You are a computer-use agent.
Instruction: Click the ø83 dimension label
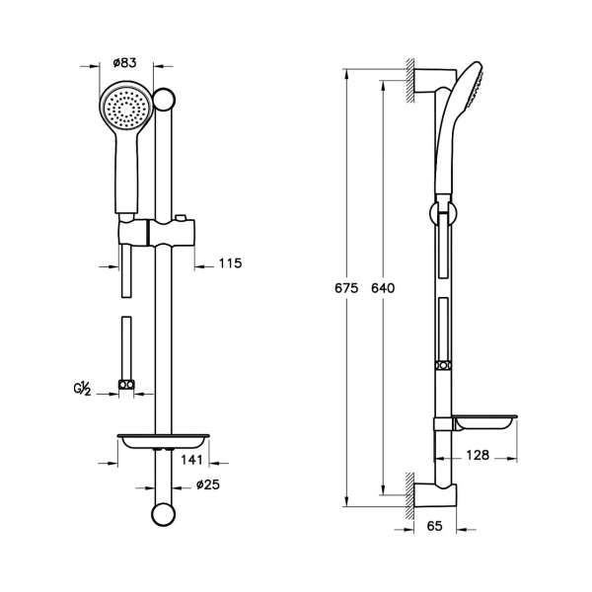pos(124,63)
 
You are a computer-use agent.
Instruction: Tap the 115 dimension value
pos(230,263)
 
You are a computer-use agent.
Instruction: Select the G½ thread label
pos(82,388)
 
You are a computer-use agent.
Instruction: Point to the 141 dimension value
pos(191,460)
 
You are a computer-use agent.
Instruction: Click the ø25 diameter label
pos(208,484)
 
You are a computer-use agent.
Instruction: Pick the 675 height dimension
pos(346,288)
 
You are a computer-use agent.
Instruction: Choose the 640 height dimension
pos(383,288)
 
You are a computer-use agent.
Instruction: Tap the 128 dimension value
pos(478,455)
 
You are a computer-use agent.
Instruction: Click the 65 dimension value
pos(434,526)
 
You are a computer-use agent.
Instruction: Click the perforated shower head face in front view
pos(125,107)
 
